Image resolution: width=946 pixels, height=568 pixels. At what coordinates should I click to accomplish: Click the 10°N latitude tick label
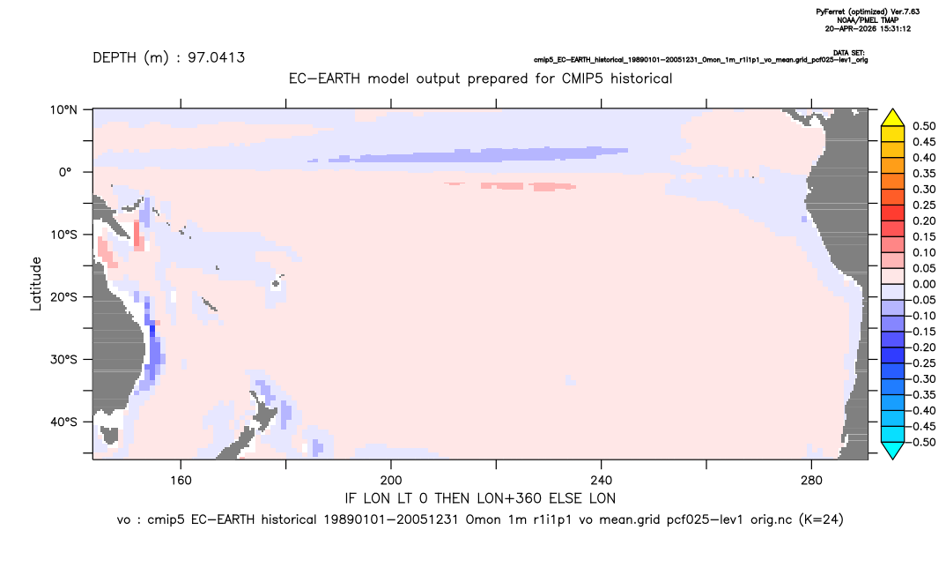click(x=63, y=110)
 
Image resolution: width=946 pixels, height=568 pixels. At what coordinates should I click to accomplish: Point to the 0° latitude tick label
click(x=66, y=172)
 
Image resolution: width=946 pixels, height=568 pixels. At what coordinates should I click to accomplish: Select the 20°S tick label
click(x=63, y=297)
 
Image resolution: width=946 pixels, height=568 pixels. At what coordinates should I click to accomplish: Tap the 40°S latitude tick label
click(x=63, y=422)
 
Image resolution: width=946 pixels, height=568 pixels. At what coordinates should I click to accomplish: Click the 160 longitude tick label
click(x=181, y=481)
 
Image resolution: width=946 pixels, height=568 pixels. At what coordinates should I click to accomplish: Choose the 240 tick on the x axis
click(x=602, y=481)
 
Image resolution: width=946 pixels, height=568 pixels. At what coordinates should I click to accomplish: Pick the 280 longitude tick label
click(x=811, y=481)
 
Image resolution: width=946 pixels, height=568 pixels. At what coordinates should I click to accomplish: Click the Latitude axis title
click(x=36, y=284)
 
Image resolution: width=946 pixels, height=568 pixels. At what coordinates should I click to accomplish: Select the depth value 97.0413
click(x=216, y=58)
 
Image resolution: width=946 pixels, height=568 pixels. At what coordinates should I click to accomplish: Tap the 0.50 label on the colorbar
click(x=924, y=126)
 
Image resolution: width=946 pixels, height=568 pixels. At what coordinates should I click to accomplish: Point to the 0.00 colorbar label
click(x=924, y=285)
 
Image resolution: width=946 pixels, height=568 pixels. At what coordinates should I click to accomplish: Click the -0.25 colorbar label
click(x=922, y=363)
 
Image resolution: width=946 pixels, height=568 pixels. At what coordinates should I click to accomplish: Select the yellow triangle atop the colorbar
click(x=892, y=117)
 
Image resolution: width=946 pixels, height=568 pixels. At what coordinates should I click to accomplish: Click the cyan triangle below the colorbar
click(x=892, y=451)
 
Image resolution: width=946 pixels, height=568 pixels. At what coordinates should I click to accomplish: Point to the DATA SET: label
click(x=849, y=53)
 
